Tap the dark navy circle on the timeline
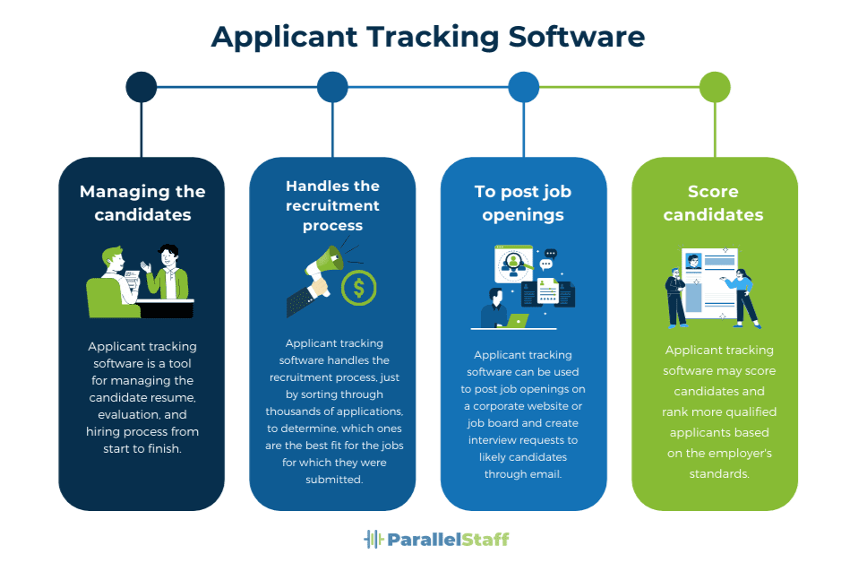142,87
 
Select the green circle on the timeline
715,87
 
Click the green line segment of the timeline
618,87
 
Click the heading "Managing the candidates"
142,203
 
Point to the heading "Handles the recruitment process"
332,205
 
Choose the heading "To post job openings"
523,203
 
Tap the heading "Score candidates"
714,203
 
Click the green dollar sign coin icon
359,288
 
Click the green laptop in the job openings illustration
518,320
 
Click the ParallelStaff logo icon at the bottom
373,539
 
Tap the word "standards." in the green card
719,473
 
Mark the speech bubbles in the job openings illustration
548,259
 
